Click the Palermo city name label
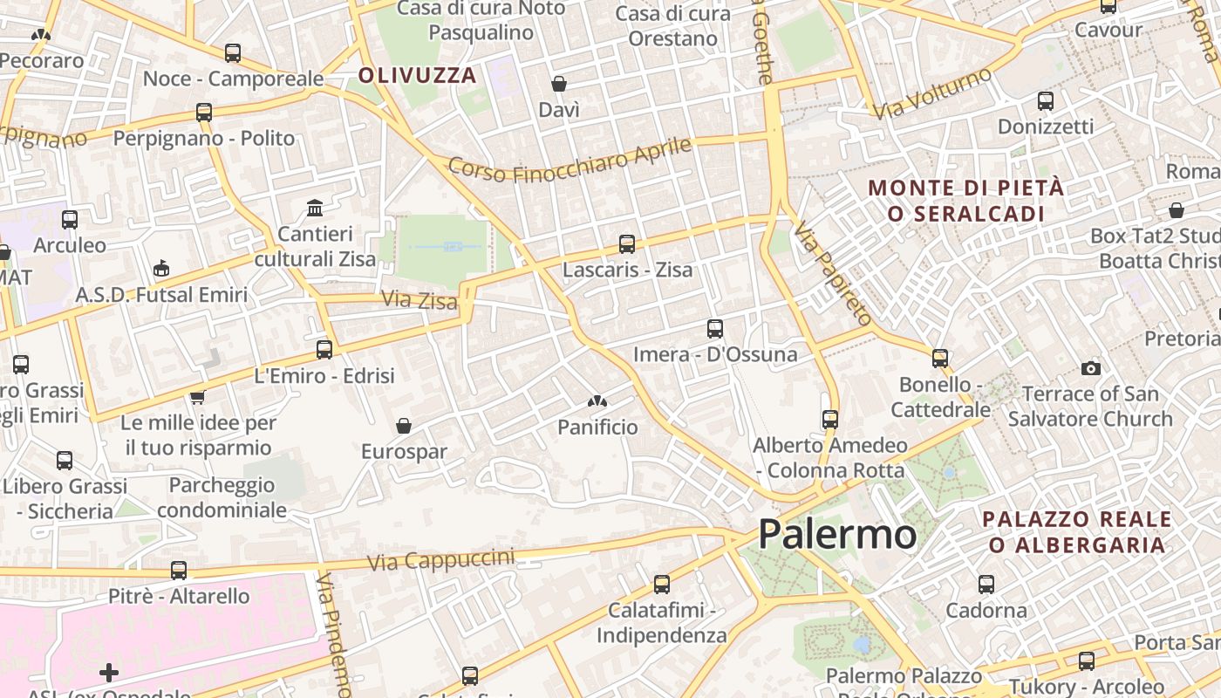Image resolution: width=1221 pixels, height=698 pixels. [x=836, y=534]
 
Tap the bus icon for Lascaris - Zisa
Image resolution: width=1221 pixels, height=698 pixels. [x=626, y=244]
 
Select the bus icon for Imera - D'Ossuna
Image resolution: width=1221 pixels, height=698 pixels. [x=715, y=329]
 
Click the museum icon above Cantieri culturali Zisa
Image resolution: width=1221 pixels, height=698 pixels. [x=315, y=208]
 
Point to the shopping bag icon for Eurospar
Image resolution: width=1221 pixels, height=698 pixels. [x=404, y=426]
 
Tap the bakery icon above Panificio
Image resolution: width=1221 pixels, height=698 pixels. [x=597, y=401]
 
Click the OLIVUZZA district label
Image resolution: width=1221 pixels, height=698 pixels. [x=418, y=75]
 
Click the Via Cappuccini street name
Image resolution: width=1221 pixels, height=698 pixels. [x=440, y=559]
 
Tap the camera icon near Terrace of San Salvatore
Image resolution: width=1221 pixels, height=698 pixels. [x=1090, y=368]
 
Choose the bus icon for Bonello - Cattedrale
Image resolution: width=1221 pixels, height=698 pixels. [x=939, y=358]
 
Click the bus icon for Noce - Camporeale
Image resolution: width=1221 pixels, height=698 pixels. [x=232, y=52]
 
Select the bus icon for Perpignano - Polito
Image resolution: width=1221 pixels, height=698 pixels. [x=204, y=112]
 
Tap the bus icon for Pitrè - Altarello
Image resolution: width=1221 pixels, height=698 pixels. [x=179, y=571]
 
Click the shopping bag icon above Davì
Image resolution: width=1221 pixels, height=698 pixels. [x=559, y=84]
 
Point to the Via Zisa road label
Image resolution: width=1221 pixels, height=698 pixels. [x=420, y=301]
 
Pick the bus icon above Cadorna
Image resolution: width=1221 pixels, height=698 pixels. [x=986, y=585]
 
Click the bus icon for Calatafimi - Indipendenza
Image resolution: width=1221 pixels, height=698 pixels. [x=662, y=584]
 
